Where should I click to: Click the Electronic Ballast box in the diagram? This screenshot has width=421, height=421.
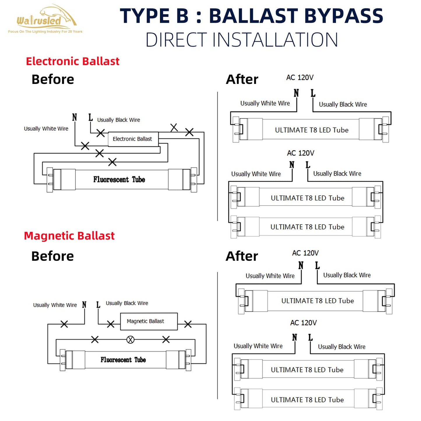point(133,139)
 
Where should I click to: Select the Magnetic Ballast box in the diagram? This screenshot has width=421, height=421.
point(149,321)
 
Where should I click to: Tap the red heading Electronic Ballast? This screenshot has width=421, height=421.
point(73,61)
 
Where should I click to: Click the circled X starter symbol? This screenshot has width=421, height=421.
point(131,340)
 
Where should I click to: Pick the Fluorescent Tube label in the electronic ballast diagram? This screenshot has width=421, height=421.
point(119,179)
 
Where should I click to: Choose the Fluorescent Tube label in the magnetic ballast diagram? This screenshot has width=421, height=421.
point(123,360)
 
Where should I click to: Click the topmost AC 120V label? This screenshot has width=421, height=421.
point(300,77)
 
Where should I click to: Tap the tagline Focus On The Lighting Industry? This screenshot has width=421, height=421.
point(45,32)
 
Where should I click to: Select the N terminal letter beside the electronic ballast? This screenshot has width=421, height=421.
point(75,117)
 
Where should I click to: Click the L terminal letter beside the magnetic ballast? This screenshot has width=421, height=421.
point(98,304)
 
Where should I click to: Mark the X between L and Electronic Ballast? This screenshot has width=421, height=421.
point(101,133)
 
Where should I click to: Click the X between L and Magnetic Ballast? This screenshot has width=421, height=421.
point(110,324)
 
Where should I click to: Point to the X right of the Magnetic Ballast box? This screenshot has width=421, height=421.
point(188,324)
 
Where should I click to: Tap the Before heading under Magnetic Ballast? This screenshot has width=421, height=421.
point(53,256)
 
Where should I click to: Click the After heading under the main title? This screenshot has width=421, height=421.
point(242,79)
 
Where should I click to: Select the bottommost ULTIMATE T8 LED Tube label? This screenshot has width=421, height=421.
point(307,400)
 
